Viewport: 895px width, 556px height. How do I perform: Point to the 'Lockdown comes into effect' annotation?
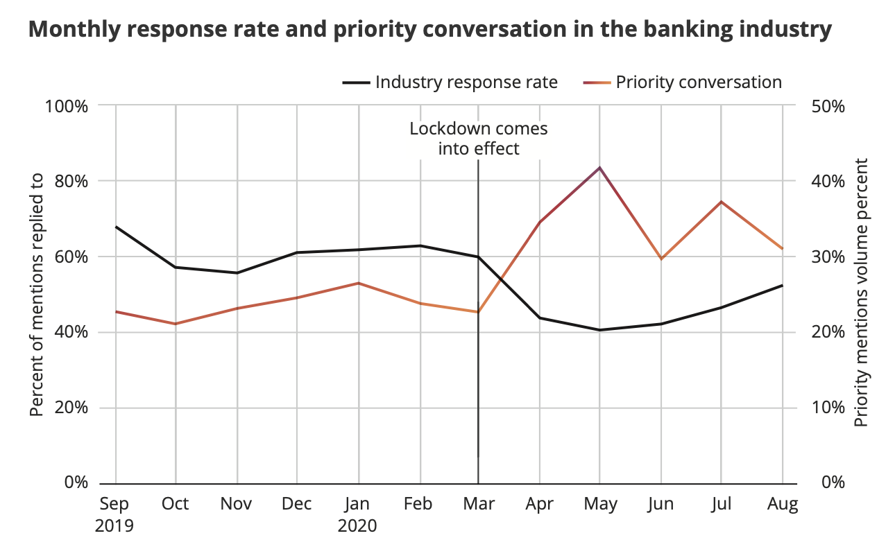click(x=478, y=139)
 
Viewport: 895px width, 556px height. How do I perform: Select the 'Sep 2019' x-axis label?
click(x=114, y=514)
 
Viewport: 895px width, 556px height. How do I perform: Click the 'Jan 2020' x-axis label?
click(x=358, y=514)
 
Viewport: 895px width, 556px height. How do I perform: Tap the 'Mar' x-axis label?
click(x=478, y=504)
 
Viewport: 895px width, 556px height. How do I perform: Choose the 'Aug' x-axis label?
click(x=783, y=504)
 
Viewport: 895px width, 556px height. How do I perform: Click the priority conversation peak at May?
click(x=599, y=168)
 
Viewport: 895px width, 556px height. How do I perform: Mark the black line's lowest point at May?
click(x=599, y=330)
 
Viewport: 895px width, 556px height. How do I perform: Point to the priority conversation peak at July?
click(x=722, y=202)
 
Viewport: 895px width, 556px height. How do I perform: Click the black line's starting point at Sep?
click(x=115, y=227)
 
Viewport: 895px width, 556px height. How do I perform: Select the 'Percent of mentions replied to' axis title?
click(x=37, y=294)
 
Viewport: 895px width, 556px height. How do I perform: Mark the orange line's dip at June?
click(x=661, y=259)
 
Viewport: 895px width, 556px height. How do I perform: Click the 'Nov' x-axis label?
click(x=237, y=504)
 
